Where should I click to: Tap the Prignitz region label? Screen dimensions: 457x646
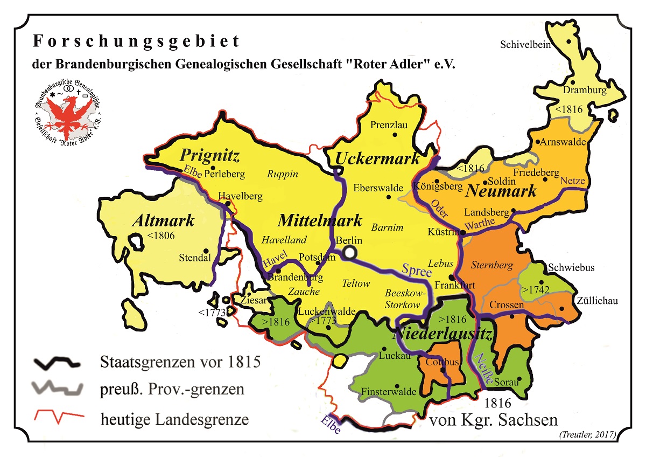(209, 156)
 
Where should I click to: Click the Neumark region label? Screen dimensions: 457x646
(501, 191)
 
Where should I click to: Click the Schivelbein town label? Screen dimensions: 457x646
(525, 45)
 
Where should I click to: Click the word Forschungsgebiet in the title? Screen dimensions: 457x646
(136, 41)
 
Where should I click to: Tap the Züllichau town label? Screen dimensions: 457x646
(597, 300)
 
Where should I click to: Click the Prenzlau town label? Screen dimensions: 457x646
(389, 125)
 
